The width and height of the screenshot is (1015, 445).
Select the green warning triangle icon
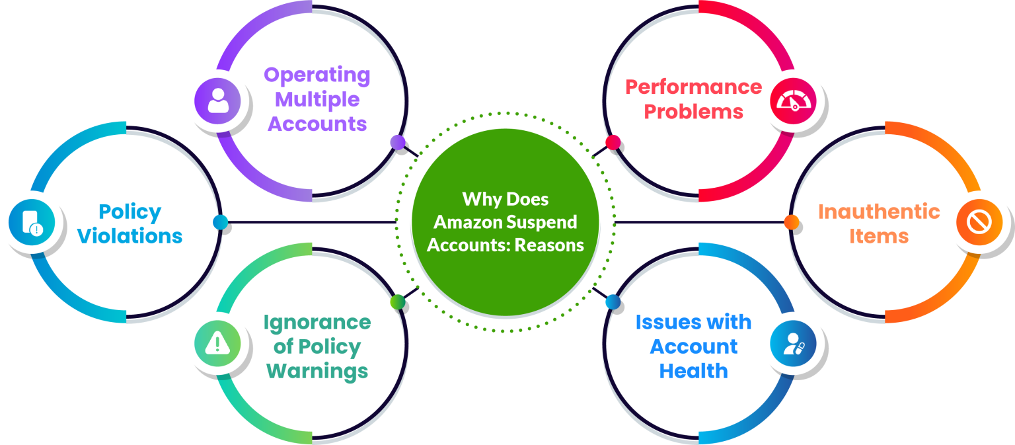click(217, 343)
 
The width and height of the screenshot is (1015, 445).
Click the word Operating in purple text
click(317, 75)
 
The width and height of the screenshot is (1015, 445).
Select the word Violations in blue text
click(130, 236)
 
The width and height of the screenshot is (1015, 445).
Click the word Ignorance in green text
click(317, 323)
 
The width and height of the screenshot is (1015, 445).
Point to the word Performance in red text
click(693, 87)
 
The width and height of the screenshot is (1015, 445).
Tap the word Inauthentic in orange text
click(879, 212)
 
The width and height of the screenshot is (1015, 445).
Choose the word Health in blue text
click(693, 371)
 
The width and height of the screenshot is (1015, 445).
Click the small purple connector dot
click(396, 142)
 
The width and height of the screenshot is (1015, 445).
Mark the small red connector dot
click(612, 142)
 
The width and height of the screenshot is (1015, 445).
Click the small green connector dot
click(396, 302)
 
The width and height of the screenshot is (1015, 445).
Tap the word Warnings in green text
click(317, 371)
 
